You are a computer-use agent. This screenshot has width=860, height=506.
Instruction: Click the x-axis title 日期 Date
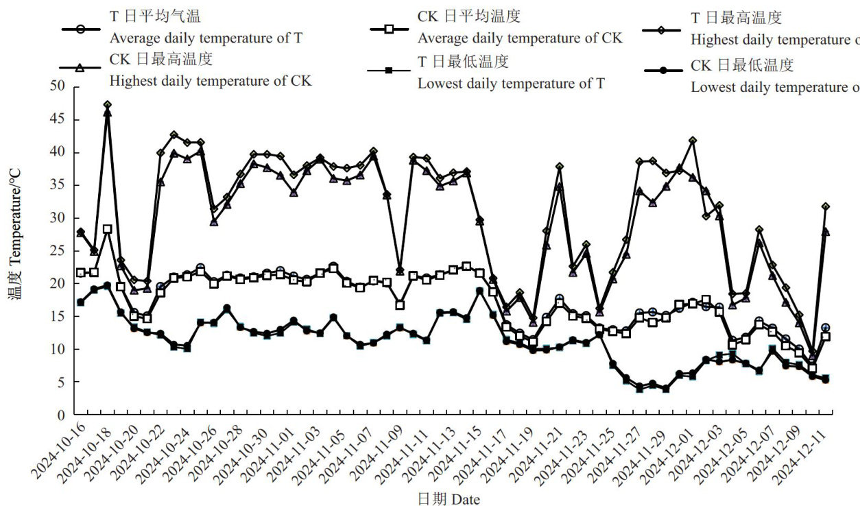449,498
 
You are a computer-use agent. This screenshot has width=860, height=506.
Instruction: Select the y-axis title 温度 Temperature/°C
16,251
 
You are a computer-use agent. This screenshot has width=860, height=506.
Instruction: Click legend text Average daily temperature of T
205,38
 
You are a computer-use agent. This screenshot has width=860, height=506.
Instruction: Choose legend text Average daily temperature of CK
520,38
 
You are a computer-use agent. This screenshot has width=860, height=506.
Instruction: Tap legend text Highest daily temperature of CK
210,81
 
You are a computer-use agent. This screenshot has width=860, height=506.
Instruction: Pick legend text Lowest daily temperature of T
511,84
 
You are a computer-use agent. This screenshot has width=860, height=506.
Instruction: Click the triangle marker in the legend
80,67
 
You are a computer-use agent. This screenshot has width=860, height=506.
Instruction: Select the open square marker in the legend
389,29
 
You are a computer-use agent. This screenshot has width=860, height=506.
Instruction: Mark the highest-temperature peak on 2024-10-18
107,105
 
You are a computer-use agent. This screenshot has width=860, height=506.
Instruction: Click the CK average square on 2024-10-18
107,229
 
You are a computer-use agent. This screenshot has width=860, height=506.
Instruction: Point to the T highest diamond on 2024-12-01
693,140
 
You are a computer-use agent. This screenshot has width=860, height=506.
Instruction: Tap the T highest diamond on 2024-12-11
826,206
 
